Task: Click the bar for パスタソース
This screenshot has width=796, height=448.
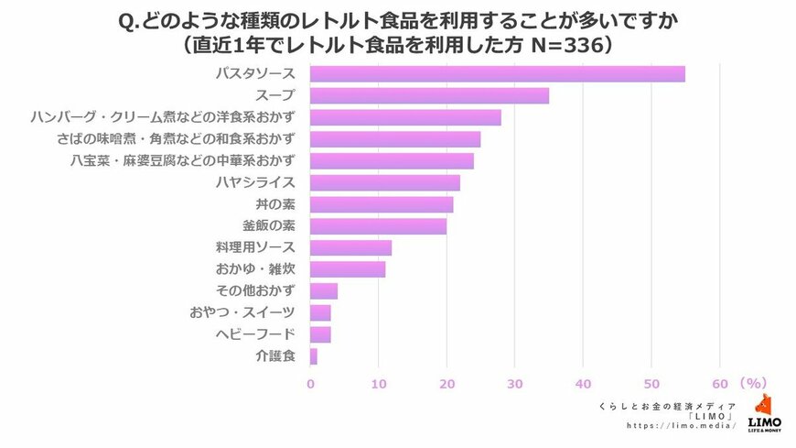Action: (497, 74)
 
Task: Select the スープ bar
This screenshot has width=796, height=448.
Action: (429, 96)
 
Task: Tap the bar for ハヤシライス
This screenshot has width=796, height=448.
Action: (384, 182)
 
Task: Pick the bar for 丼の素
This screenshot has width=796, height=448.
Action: (382, 204)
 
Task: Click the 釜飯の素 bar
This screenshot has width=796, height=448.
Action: (378, 225)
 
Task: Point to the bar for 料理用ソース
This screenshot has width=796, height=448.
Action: (350, 247)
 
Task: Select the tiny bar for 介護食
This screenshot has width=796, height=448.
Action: (314, 355)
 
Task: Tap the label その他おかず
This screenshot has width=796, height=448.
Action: (257, 291)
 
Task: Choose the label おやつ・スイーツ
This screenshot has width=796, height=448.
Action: (242, 313)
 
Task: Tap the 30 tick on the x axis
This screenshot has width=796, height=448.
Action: (515, 383)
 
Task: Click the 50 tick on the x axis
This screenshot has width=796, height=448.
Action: (651, 383)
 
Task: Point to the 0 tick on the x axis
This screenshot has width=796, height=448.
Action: (311, 383)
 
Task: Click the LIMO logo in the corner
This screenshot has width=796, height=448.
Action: (764, 413)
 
